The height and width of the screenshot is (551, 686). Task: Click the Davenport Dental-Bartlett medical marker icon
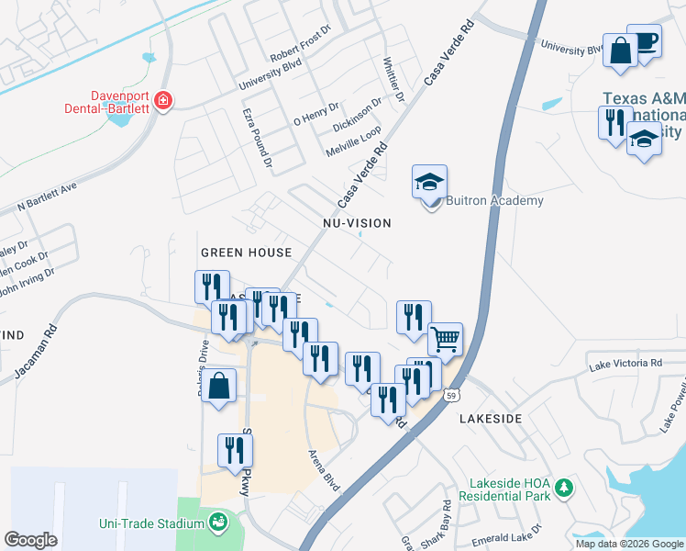(163, 100)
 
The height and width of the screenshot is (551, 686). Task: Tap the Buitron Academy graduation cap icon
(429, 181)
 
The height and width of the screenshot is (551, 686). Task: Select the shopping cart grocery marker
(445, 339)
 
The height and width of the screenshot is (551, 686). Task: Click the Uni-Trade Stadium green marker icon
(218, 523)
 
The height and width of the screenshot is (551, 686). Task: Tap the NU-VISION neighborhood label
(357, 223)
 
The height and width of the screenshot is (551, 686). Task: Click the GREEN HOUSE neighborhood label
(246, 252)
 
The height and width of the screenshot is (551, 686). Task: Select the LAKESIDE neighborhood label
(490, 418)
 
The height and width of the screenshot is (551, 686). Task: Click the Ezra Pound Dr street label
(258, 136)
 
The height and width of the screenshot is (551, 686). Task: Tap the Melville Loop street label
(353, 143)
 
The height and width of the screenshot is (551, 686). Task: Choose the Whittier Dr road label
(393, 78)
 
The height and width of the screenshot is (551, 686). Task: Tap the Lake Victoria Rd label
(625, 364)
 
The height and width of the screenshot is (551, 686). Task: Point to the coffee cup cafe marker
(645, 41)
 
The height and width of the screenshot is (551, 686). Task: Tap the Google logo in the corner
(31, 539)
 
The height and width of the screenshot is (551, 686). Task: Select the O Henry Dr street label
(317, 114)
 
